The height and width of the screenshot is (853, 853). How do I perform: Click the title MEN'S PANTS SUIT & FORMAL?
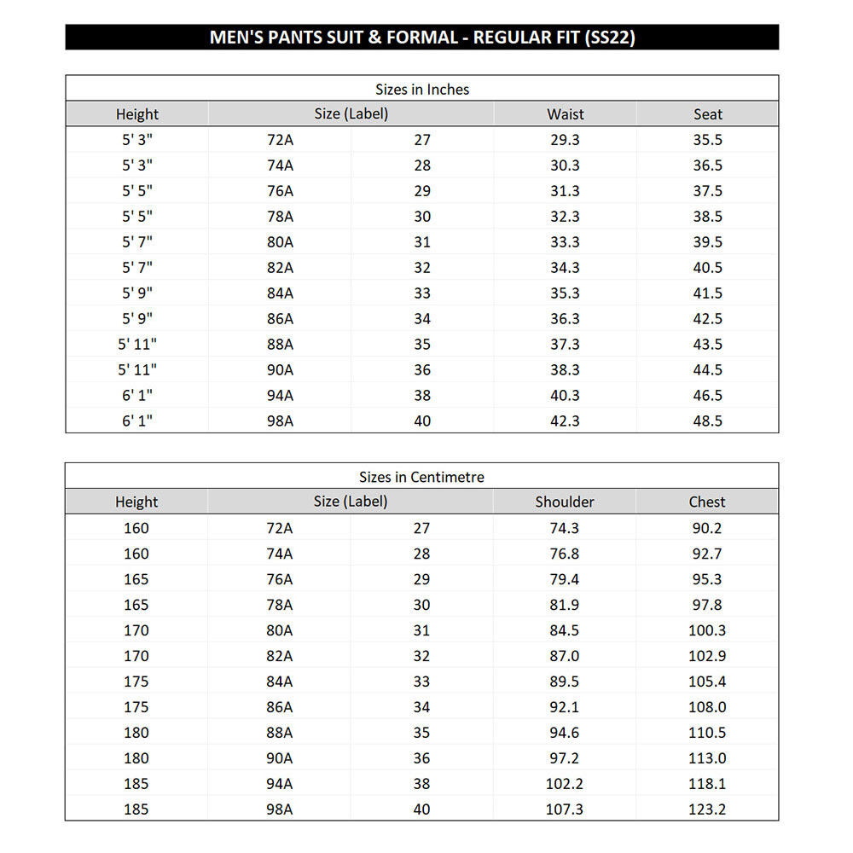tap(422, 38)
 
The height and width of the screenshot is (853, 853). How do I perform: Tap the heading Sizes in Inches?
tap(422, 89)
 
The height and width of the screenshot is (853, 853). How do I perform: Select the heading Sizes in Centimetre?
tap(421, 477)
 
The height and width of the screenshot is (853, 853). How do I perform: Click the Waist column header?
tap(566, 114)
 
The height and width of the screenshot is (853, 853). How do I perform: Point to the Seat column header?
tap(708, 114)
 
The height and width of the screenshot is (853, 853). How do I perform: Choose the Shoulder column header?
tap(565, 502)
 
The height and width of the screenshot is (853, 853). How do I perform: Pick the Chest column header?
tap(707, 502)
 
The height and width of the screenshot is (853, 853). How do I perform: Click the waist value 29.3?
tap(565, 140)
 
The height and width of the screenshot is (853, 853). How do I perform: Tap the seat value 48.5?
tap(707, 421)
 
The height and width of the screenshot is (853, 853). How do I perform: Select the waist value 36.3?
tap(565, 319)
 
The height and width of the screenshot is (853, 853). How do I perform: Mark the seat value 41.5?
tap(707, 293)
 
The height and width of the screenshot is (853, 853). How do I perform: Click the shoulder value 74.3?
tap(565, 528)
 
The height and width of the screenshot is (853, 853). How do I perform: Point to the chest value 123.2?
tap(707, 809)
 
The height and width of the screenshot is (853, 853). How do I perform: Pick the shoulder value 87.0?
tap(565, 656)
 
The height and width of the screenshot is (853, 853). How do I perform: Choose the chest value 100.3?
tap(707, 630)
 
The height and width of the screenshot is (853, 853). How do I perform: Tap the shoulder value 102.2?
tap(565, 783)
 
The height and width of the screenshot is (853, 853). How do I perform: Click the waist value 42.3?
tap(565, 421)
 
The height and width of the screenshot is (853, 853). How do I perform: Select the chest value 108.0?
tap(707, 707)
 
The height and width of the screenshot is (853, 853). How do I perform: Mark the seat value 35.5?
tap(707, 140)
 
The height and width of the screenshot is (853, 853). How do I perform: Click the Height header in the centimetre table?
tap(136, 502)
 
